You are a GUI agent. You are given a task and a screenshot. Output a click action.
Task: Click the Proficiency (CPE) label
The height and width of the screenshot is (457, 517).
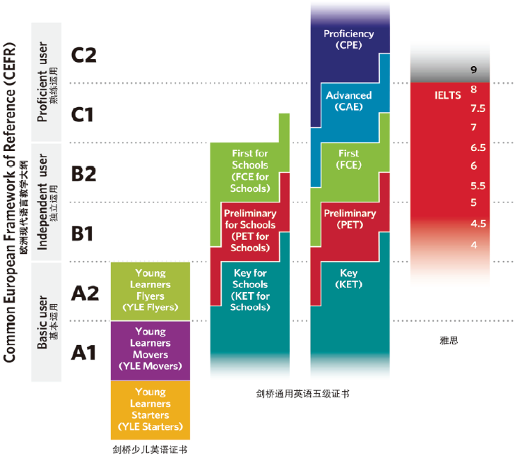click(348, 39)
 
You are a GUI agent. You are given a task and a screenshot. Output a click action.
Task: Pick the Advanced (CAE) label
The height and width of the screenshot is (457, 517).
click(348, 101)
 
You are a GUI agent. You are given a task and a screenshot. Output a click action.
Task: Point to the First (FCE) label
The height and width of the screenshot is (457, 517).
click(348, 159)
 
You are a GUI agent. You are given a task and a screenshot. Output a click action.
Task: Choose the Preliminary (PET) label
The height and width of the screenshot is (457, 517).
click(348, 219)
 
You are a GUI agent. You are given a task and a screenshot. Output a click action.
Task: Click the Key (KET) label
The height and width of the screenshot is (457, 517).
click(348, 279)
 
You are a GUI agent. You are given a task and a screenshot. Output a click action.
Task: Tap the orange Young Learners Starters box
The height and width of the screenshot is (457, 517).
click(151, 409)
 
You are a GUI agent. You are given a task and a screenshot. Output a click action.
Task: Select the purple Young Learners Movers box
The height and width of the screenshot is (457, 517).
click(151, 349)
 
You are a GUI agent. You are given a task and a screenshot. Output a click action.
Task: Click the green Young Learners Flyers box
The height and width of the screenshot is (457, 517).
click(151, 290)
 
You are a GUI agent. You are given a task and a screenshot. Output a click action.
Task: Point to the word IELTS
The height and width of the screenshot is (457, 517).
click(447, 95)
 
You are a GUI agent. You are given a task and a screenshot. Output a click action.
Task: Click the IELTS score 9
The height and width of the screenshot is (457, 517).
click(473, 70)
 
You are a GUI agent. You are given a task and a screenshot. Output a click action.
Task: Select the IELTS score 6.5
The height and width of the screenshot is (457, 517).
click(478, 147)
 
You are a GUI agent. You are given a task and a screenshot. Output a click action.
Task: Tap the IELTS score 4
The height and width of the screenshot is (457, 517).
click(474, 245)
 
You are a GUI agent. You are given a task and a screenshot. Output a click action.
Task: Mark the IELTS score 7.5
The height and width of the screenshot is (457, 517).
click(478, 109)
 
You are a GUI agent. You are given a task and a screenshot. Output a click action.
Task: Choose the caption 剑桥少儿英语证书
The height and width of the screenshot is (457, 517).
click(150, 449)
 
